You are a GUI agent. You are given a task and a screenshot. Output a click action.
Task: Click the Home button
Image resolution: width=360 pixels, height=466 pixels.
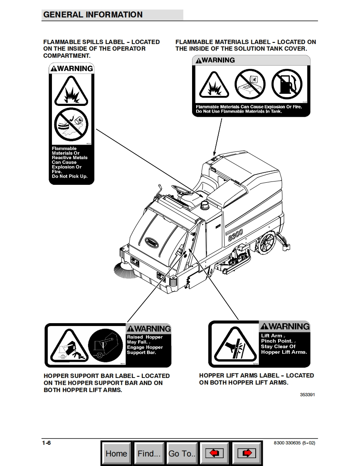[116, 453]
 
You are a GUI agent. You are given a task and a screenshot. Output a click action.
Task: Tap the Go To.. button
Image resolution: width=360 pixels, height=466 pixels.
[182, 453]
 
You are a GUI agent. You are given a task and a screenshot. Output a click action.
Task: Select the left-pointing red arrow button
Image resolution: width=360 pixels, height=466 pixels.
[215, 453]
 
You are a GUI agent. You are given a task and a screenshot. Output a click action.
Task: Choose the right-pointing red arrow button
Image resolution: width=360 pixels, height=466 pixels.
[247, 453]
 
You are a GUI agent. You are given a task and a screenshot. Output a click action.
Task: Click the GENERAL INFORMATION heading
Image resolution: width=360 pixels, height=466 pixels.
[93, 15]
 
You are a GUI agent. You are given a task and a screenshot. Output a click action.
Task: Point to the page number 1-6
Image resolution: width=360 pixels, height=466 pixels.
[46, 443]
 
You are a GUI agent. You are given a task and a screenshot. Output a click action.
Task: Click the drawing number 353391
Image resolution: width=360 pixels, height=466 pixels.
[307, 395]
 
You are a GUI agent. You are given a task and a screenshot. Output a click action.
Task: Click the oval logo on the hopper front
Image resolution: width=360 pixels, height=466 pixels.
[152, 241]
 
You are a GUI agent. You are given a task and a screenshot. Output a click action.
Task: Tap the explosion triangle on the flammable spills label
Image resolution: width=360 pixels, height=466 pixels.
[71, 91]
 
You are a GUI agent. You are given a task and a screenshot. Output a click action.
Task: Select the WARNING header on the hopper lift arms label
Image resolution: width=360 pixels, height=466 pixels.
[285, 326]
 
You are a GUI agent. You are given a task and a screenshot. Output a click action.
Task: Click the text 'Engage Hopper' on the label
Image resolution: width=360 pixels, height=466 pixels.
[145, 347]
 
